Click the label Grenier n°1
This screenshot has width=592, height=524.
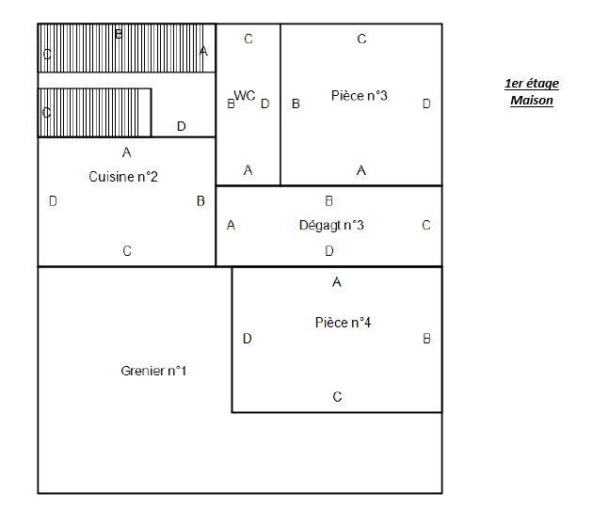point(153,371)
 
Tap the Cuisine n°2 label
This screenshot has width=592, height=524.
point(123,176)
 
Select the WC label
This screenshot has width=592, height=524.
point(245,96)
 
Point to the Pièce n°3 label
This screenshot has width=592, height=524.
point(360,96)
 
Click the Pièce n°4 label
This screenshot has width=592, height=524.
point(343,323)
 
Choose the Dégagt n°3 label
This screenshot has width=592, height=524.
point(330,225)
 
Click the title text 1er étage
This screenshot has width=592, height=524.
point(532,84)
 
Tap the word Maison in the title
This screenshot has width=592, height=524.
point(532,100)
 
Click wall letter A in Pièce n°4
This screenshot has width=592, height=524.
point(337,282)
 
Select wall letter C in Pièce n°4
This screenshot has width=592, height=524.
point(337,397)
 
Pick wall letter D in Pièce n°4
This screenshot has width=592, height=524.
point(248,339)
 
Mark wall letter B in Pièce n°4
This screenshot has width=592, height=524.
point(426,339)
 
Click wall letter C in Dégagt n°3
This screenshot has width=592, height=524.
point(426,225)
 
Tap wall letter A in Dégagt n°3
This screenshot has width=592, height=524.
point(232,225)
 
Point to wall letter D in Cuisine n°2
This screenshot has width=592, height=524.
point(53,200)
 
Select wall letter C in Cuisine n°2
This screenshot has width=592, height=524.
point(127,251)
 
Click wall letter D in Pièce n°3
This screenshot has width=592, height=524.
point(426,103)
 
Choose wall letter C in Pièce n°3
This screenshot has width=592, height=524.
point(361,39)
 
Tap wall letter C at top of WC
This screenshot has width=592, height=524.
point(248,39)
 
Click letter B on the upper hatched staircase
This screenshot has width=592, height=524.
point(119,34)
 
